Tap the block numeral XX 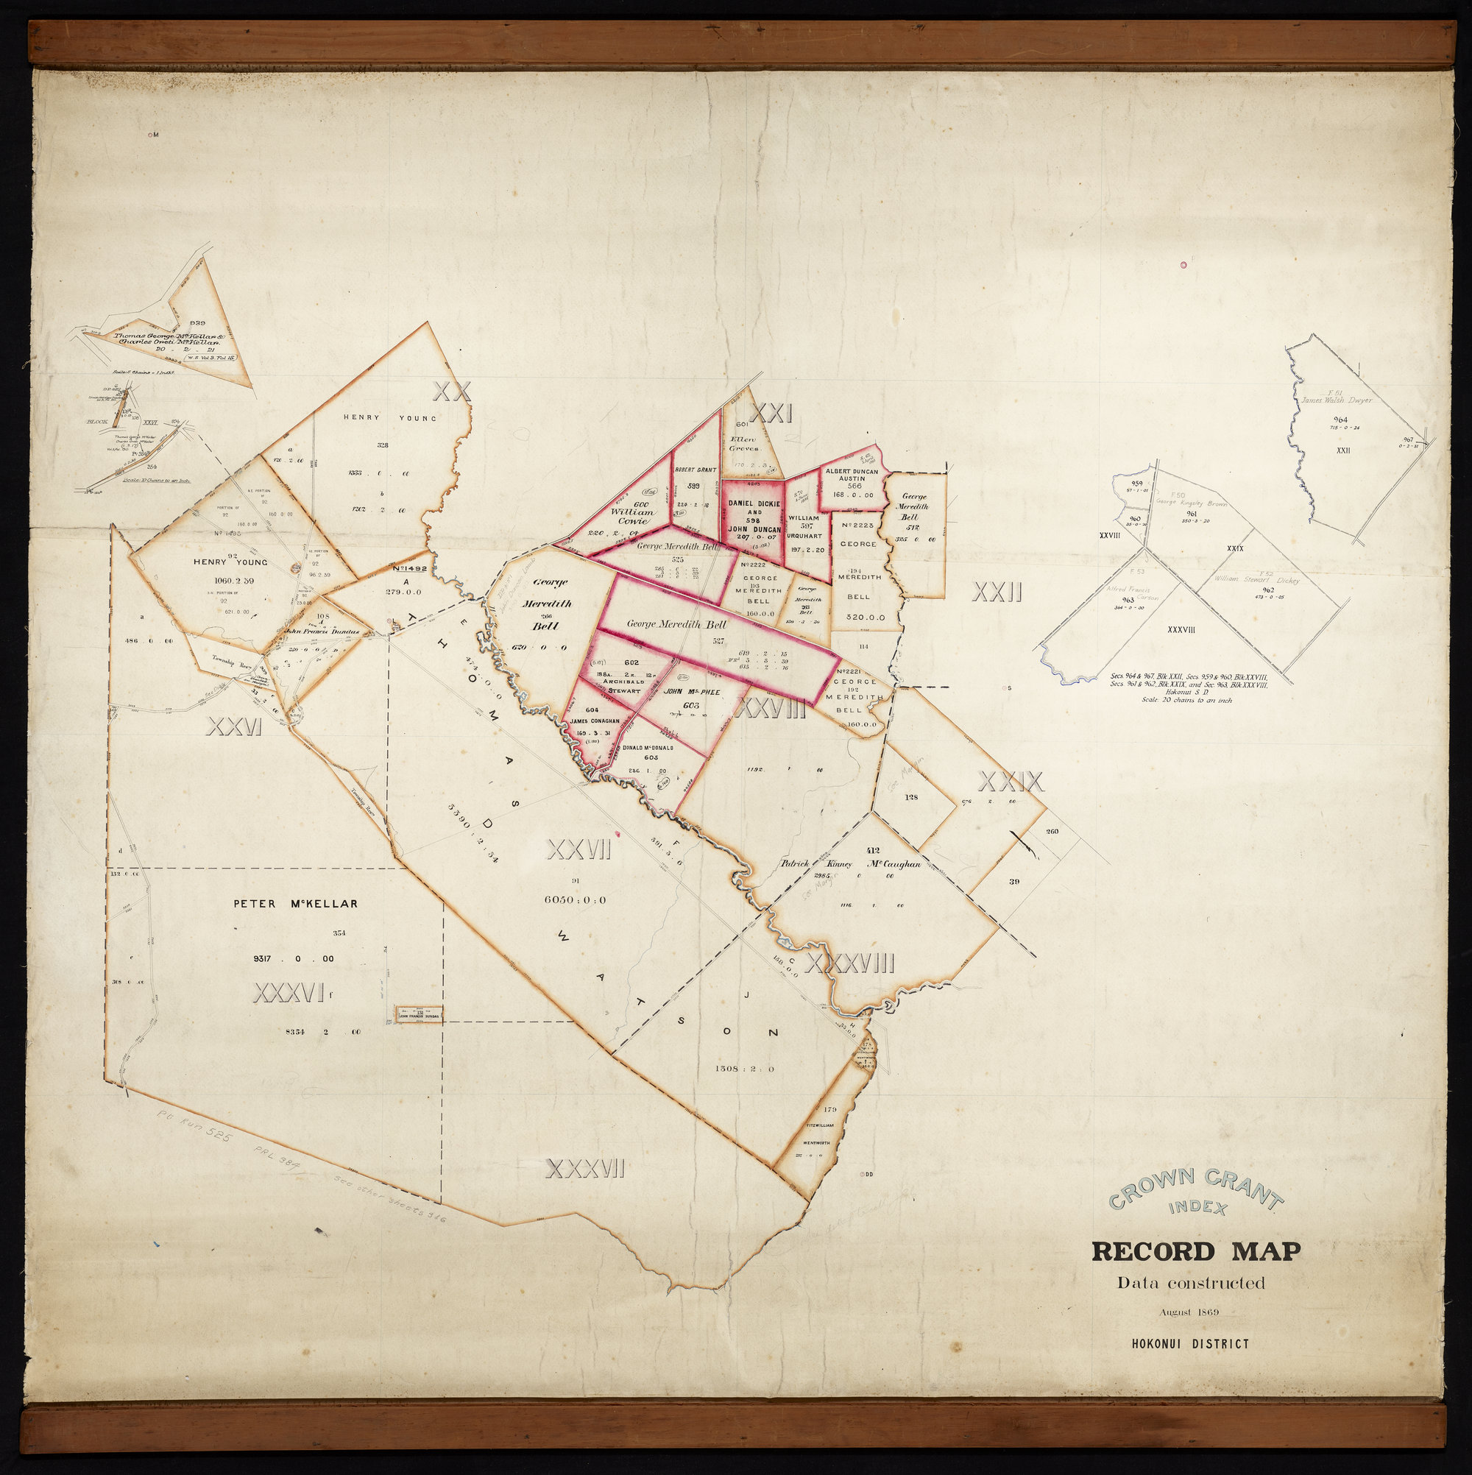[451, 392]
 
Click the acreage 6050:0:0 [576, 900]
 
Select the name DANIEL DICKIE [754, 504]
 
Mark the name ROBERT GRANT [693, 470]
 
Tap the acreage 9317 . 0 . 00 [300, 959]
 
